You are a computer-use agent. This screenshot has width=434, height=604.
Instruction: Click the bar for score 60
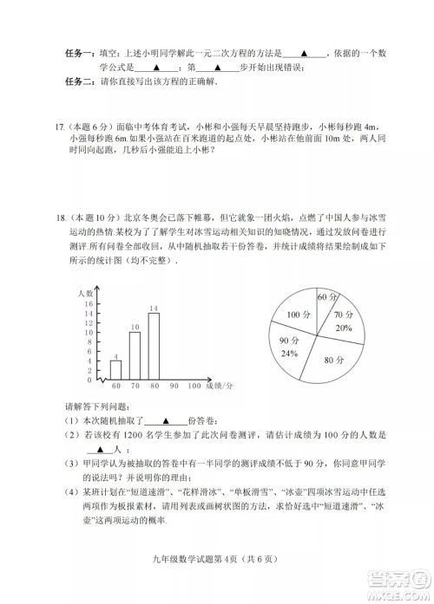pyautogui.click(x=115, y=369)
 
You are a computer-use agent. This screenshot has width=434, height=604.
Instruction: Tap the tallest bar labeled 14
pyautogui.click(x=154, y=346)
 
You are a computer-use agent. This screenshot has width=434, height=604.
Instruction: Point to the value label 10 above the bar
pyautogui.click(x=135, y=327)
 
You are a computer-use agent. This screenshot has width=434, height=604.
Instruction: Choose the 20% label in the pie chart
pyautogui.click(x=345, y=328)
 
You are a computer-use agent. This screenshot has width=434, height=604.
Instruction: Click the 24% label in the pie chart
pyautogui.click(x=290, y=353)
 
